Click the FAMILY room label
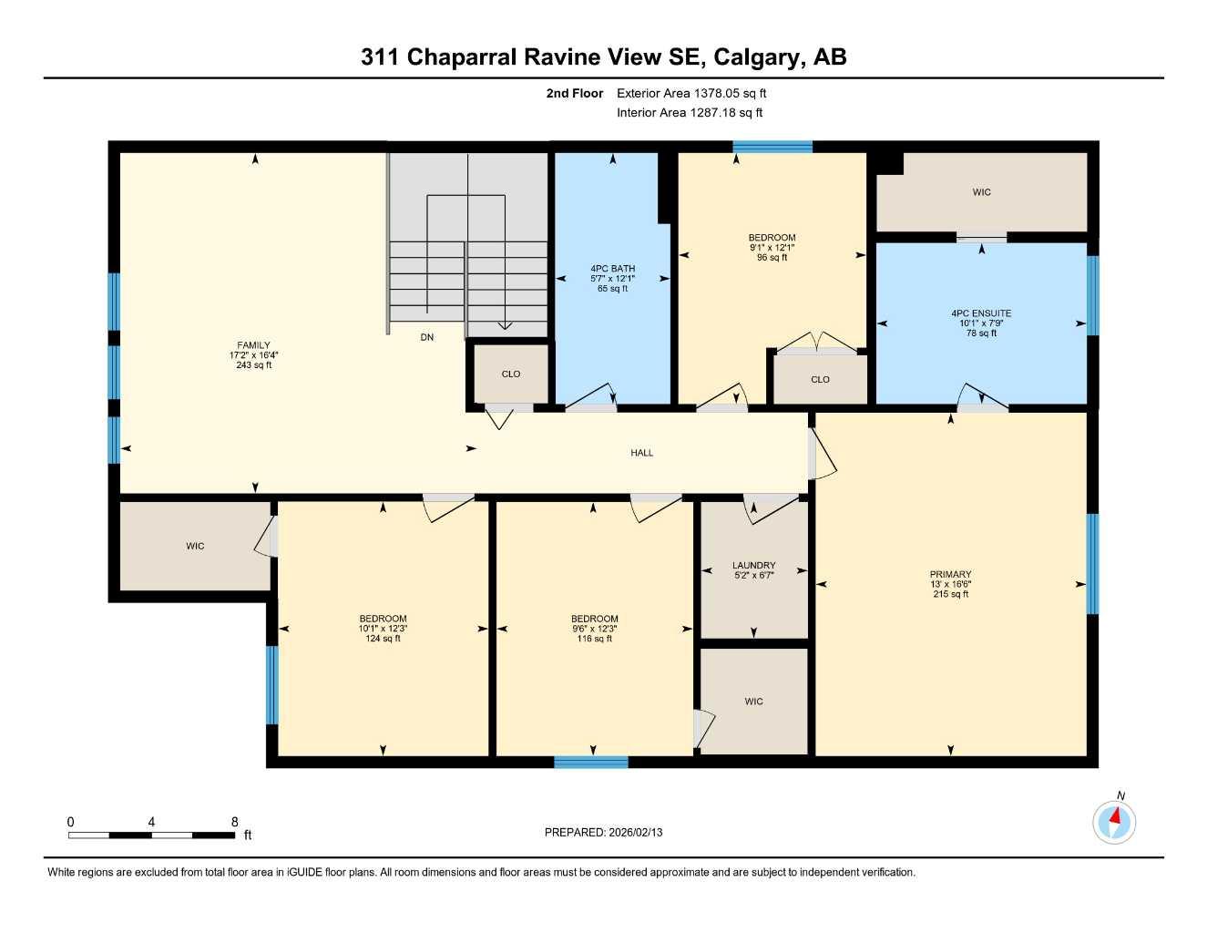tap(253, 345)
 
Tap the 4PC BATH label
tap(612, 269)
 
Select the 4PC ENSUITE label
tap(981, 313)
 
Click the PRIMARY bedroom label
tap(950, 575)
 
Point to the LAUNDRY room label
tap(753, 566)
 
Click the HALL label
tap(641, 453)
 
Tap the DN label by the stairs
tap(427, 337)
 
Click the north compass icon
tap(1114, 823)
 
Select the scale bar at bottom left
tap(151, 835)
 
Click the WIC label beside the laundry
tap(753, 702)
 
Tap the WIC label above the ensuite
tap(981, 192)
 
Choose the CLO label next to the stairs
tap(511, 374)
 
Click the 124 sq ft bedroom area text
tap(383, 639)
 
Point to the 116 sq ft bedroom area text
tap(594, 639)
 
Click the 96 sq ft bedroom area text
tap(772, 258)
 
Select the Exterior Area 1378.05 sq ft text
tap(691, 93)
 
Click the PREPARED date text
tap(603, 832)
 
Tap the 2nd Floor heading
tap(575, 93)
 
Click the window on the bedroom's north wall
tap(772, 146)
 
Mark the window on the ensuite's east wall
tap(1092, 295)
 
